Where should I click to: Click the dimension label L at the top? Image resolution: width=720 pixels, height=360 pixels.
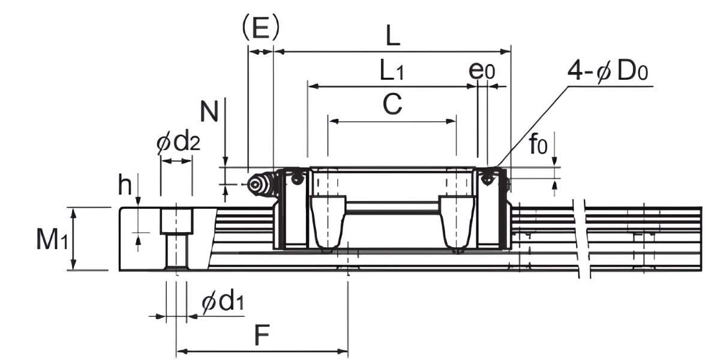point(392,38)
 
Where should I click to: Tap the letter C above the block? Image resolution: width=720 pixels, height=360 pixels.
point(392,105)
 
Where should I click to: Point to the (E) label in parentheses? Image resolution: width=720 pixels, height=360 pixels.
point(260,27)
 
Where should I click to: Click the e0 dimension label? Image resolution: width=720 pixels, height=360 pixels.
point(482,71)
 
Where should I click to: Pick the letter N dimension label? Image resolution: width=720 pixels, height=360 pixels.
point(209,112)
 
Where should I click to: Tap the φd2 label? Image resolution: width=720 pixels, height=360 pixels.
point(178,143)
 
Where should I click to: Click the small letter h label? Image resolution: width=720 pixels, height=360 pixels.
point(124,186)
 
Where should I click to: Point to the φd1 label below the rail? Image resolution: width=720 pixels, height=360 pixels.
point(223,303)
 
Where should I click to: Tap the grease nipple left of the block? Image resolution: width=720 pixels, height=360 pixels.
point(258,185)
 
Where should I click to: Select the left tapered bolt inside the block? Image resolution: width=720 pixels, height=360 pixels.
point(328,222)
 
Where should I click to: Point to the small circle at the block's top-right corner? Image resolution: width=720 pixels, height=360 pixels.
point(488,178)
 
